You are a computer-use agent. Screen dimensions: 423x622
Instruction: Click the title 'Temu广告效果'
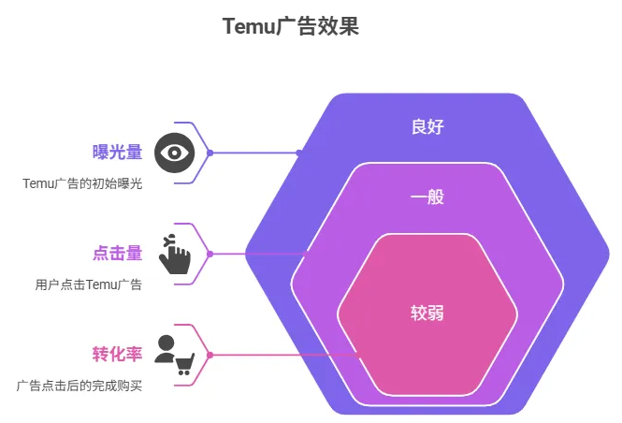290,26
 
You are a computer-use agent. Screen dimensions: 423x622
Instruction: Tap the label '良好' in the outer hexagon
427,126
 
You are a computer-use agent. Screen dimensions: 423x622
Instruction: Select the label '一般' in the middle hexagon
427,197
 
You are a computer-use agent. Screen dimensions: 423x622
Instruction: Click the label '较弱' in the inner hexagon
427,313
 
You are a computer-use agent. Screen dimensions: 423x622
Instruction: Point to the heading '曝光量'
117,153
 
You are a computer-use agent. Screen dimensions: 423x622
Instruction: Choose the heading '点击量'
117,253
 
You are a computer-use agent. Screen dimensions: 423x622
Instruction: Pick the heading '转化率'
117,354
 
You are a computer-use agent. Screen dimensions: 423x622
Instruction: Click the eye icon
175,153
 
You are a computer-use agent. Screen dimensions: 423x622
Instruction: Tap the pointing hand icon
174,254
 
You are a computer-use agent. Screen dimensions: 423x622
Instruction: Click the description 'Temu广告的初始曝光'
82,183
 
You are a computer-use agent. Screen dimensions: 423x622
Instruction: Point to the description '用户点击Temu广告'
89,284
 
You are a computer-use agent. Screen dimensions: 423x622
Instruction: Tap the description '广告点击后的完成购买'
80,385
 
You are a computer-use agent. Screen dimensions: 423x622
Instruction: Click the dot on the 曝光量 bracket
210,153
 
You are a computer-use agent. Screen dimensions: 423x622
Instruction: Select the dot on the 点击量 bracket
210,254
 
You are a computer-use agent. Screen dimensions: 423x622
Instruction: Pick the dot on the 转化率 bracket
210,355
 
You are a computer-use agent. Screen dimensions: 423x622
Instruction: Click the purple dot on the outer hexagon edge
298,153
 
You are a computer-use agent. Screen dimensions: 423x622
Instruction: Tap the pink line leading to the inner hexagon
281,355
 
